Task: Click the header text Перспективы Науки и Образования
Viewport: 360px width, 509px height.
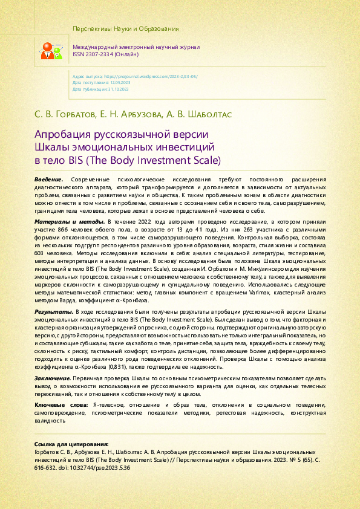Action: tap(125, 29)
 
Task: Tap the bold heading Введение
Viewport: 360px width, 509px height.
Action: tap(49, 180)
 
